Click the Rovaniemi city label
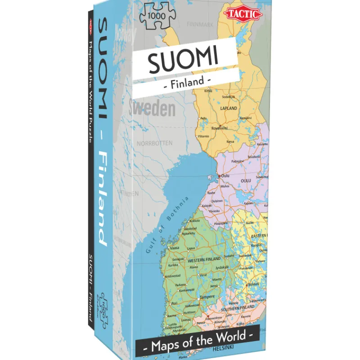pos(221,128)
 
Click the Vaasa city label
pos(174,248)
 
